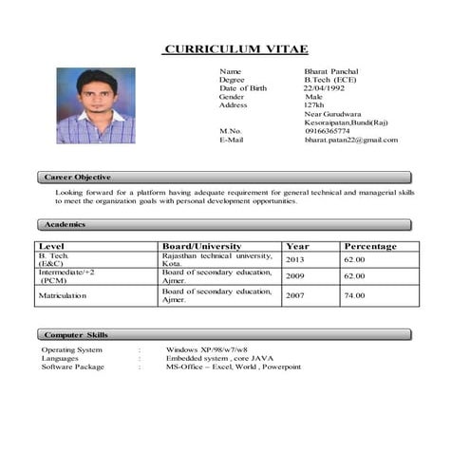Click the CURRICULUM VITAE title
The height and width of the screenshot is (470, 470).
(x=235, y=49)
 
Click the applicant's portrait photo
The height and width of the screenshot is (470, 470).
(x=96, y=105)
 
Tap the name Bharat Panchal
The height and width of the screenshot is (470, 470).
(x=330, y=72)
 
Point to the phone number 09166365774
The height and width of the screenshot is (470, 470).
(x=327, y=131)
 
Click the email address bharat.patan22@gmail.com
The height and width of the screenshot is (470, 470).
(x=351, y=140)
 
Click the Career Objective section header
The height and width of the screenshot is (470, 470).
(x=79, y=178)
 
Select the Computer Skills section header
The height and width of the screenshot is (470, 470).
(x=77, y=335)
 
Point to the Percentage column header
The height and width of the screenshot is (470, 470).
(x=370, y=246)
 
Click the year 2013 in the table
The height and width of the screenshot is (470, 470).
(x=295, y=259)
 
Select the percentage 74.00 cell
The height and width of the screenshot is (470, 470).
(x=354, y=295)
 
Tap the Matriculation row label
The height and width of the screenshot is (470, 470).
(x=62, y=295)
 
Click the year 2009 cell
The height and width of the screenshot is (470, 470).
(x=295, y=275)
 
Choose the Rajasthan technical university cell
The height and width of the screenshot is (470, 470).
(x=217, y=259)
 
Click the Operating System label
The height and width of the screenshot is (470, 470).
(x=71, y=349)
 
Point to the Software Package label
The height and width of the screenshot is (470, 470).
(x=72, y=367)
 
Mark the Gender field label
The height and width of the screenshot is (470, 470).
(x=232, y=97)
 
